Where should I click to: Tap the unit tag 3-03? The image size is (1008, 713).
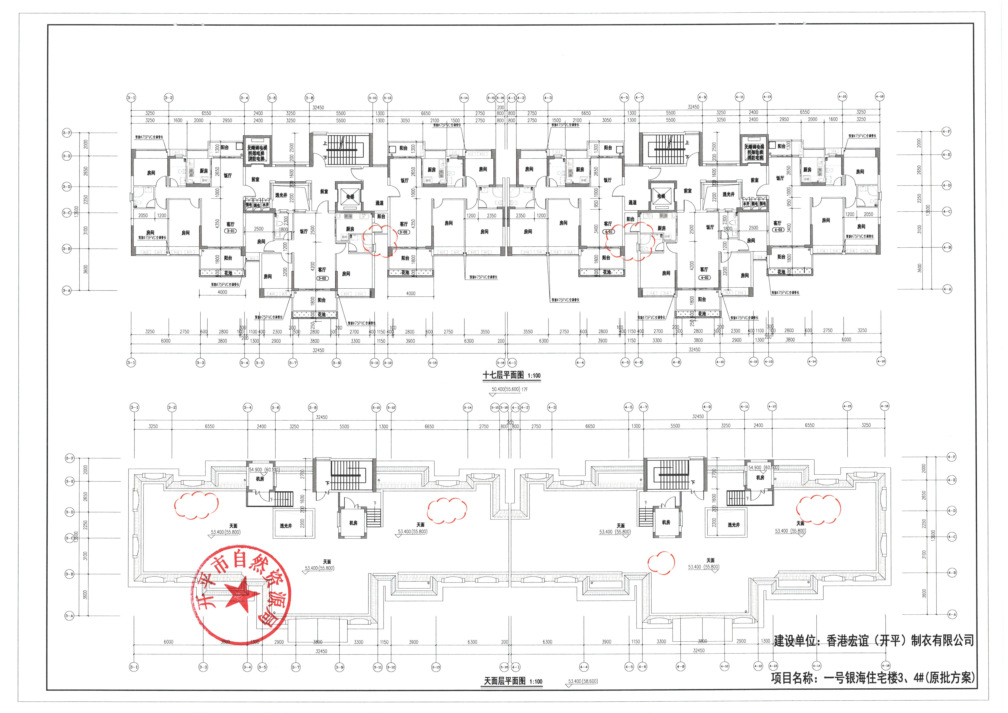click(x=403, y=232)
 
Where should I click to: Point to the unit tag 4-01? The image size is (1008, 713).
click(x=608, y=232)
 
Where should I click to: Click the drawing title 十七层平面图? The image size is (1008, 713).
click(x=503, y=375)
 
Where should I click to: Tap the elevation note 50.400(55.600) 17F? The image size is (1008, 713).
click(x=509, y=389)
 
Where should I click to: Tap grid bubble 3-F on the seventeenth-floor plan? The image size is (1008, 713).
click(x=66, y=133)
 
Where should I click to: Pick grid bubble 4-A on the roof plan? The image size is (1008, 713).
click(x=951, y=614)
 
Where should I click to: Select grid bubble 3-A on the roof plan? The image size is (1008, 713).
click(x=69, y=615)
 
